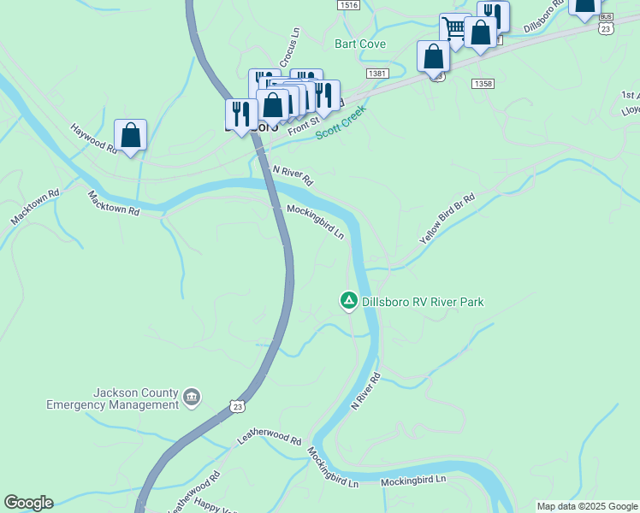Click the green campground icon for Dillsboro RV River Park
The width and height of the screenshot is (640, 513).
pyautogui.click(x=348, y=301)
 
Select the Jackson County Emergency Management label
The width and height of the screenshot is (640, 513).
pyautogui.click(x=113, y=398)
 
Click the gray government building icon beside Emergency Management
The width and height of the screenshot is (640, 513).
pyautogui.click(x=192, y=398)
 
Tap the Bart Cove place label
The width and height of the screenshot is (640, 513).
pyautogui.click(x=360, y=44)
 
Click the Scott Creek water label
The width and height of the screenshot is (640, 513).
pyautogui.click(x=341, y=121)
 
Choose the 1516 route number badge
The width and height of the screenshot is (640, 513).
pyautogui.click(x=348, y=5)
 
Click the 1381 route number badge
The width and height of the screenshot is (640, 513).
pyautogui.click(x=377, y=74)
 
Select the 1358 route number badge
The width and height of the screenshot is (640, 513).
pyautogui.click(x=483, y=83)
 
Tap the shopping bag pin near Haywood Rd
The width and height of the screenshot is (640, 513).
pyautogui.click(x=130, y=135)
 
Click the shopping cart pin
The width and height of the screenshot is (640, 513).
pyautogui.click(x=455, y=28)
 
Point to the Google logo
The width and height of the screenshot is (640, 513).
pyautogui.click(x=28, y=503)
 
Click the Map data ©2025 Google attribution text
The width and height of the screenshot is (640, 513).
pyautogui.click(x=587, y=506)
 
